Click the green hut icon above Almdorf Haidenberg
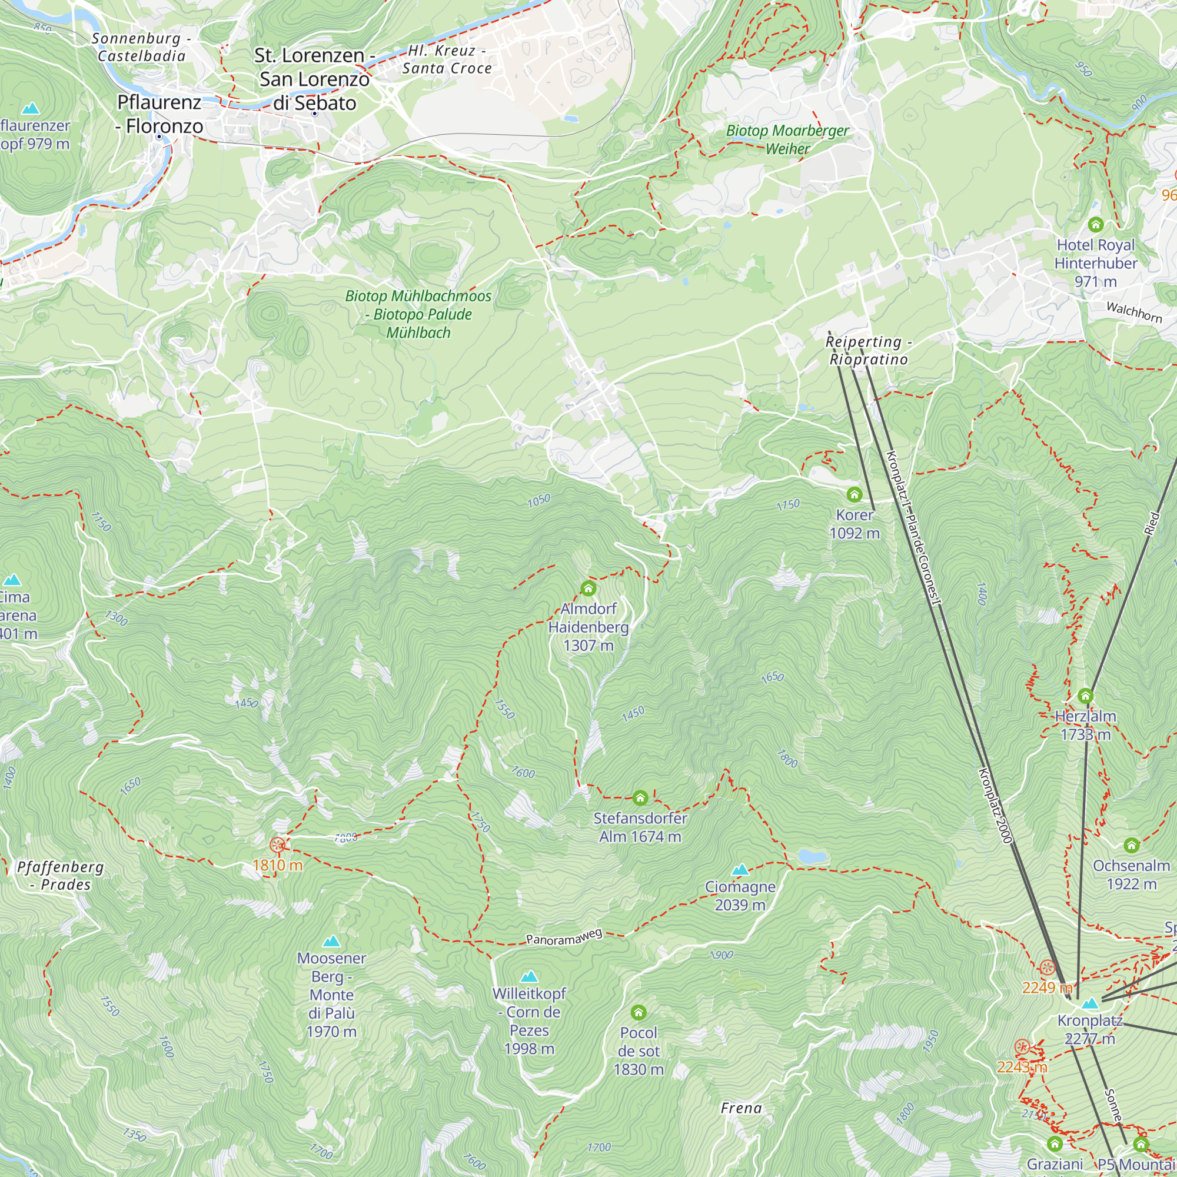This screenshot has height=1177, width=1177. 588,588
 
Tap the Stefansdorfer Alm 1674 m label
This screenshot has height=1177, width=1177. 640,827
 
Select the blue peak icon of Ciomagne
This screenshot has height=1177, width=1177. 740,869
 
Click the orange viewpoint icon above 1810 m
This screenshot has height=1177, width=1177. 277,845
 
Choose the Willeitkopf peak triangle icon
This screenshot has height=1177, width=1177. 529,976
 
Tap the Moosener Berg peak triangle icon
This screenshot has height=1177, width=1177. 331,941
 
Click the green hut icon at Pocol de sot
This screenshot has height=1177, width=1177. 638,1012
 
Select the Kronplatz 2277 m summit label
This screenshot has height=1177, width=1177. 1089,1029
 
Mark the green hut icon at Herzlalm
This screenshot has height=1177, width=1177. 1085,696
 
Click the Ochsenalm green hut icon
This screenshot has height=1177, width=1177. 1131,845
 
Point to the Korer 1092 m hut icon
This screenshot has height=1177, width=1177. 854,494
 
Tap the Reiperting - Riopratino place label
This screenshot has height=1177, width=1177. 868,350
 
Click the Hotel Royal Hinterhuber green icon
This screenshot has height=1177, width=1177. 1095,225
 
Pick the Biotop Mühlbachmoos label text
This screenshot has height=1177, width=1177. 418,314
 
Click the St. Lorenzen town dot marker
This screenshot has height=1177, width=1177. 314,114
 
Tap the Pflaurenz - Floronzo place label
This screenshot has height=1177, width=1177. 159,114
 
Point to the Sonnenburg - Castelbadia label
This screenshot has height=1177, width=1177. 141,47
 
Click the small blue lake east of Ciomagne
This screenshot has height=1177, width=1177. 812,856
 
